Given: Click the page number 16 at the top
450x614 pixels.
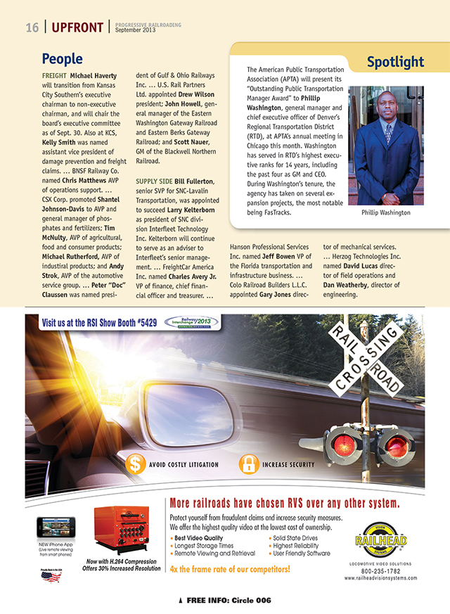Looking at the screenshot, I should [32, 28].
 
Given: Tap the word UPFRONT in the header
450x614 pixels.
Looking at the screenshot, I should [77, 28].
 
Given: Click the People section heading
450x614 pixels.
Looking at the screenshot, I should [63, 59].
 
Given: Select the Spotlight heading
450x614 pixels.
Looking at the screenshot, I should [395, 62].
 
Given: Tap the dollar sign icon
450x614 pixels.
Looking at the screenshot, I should [136, 464].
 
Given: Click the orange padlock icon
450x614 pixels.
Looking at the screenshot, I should [247, 464].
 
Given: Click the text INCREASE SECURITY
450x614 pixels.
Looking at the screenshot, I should [288, 465].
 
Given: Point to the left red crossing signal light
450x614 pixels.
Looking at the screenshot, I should [344, 445].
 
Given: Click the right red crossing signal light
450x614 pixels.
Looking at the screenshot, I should [397, 446].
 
